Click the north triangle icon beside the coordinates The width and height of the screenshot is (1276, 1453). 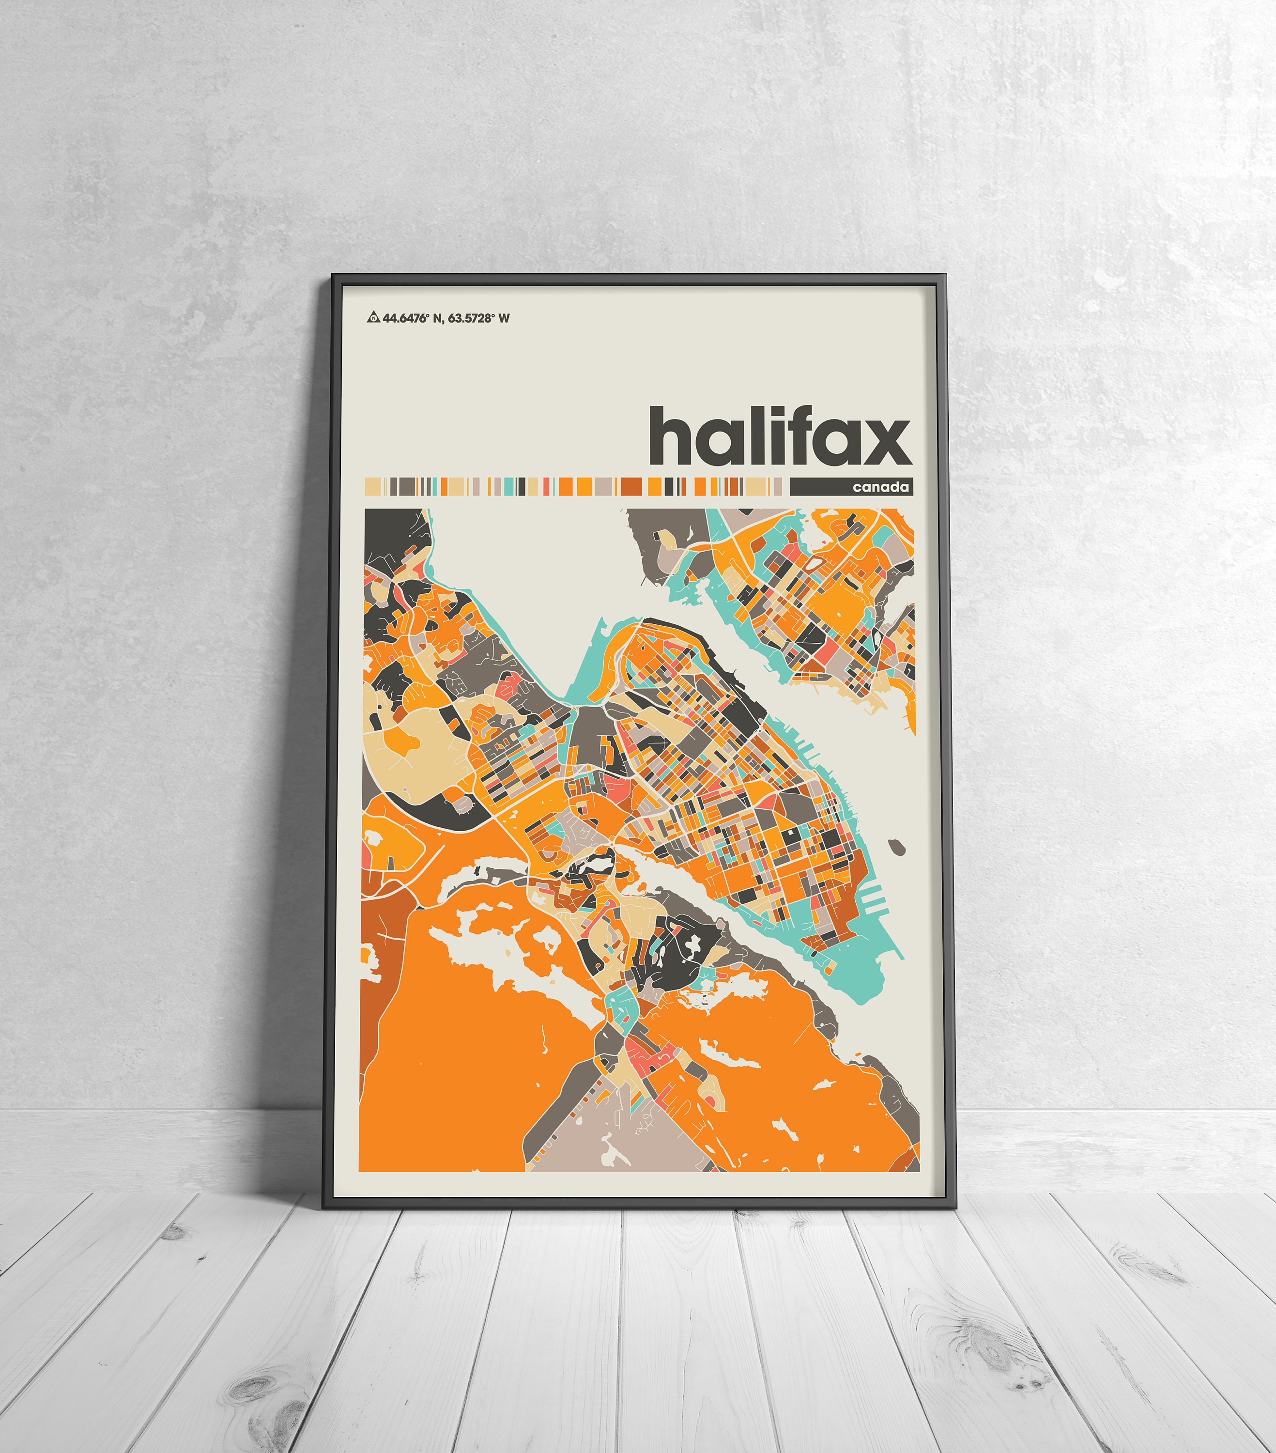pyautogui.click(x=372, y=318)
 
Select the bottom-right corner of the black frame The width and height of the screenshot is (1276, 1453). pyautogui.click(x=954, y=1207)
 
